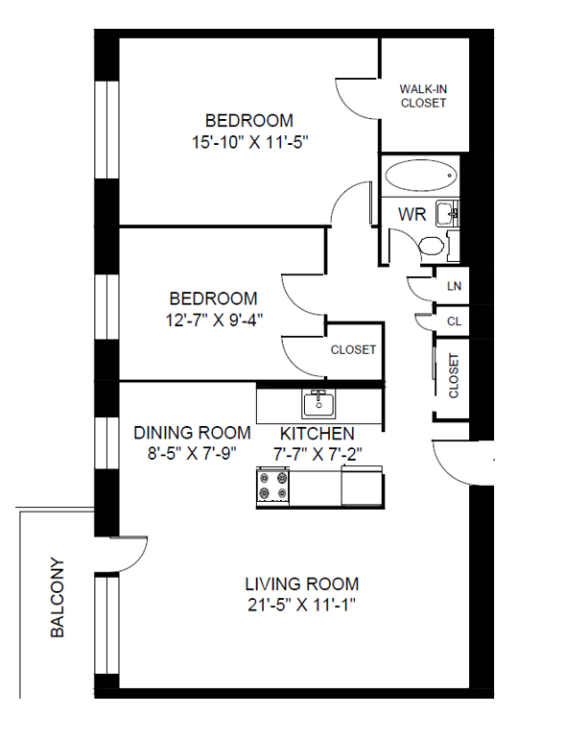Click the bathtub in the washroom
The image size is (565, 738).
pyautogui.click(x=421, y=176)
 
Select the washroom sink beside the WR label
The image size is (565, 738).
pyautogui.click(x=447, y=213)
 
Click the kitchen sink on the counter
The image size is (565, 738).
pyautogui.click(x=318, y=404)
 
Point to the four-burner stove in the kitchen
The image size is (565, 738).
pyautogui.click(x=272, y=487)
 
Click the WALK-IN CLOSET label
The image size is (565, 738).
pyautogui.click(x=423, y=96)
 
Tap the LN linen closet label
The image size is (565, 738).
pyautogui.click(x=454, y=286)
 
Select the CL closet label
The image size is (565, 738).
pyautogui.click(x=454, y=321)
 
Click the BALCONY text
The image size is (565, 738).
pyautogui.click(x=58, y=598)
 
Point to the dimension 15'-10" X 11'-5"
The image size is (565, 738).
pyautogui.click(x=249, y=142)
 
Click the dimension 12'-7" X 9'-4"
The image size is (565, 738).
pyautogui.click(x=214, y=320)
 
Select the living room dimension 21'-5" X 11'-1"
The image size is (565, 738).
pyautogui.click(x=301, y=605)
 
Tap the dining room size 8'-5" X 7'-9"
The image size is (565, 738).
pyautogui.click(x=192, y=454)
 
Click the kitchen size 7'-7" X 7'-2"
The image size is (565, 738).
pyautogui.click(x=318, y=455)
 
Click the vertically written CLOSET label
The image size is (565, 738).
pyautogui.click(x=454, y=375)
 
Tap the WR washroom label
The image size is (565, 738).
pyautogui.click(x=412, y=215)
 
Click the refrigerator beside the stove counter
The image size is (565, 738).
pyautogui.click(x=362, y=486)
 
